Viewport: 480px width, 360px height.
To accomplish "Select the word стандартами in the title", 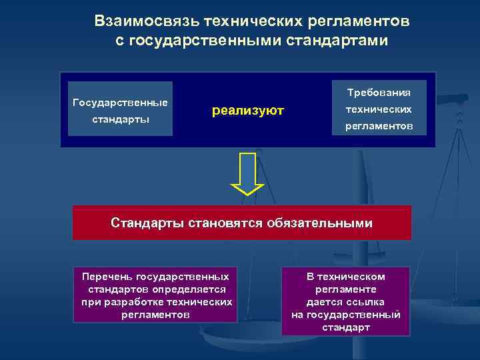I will click(x=336, y=41).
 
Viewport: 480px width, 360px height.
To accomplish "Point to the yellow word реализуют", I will click(x=248, y=110).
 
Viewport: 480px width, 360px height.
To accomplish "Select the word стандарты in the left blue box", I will click(x=120, y=120).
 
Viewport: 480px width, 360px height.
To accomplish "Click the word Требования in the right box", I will click(x=379, y=92).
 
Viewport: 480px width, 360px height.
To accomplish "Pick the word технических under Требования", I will click(x=379, y=109).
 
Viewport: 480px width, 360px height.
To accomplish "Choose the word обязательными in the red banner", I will click(x=321, y=223).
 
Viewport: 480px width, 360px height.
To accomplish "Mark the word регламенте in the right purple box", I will click(x=345, y=289).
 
